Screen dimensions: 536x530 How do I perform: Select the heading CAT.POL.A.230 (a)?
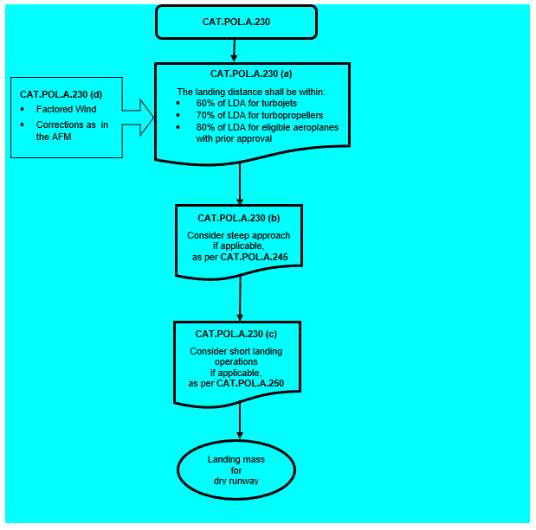[251, 73]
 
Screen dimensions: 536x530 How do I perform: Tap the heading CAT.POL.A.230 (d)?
[61, 94]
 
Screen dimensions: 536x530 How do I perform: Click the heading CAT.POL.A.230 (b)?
[239, 218]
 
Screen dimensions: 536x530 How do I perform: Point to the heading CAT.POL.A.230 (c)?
[236, 334]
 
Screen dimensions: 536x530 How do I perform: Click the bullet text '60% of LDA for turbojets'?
[247, 103]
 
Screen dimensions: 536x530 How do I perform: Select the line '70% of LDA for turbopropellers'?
[260, 115]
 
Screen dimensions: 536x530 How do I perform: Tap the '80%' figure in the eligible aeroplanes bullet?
[205, 127]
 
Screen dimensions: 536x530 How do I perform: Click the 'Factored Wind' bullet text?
[67, 109]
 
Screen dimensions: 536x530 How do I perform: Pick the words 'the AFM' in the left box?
[54, 137]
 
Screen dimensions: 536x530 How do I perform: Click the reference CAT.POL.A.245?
[255, 257]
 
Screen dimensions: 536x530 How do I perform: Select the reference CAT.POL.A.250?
[250, 383]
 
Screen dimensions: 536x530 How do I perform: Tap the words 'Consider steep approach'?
[239, 235]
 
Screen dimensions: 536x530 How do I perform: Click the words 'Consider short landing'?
[236, 351]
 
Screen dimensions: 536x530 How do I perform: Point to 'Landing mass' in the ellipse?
[236, 459]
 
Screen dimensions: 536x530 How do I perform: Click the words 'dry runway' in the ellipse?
[236, 482]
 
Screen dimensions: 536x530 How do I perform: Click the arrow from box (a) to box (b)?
[240, 184]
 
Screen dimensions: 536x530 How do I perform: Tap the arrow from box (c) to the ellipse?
[240, 421]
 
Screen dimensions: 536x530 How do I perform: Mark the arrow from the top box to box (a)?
[234, 50]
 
